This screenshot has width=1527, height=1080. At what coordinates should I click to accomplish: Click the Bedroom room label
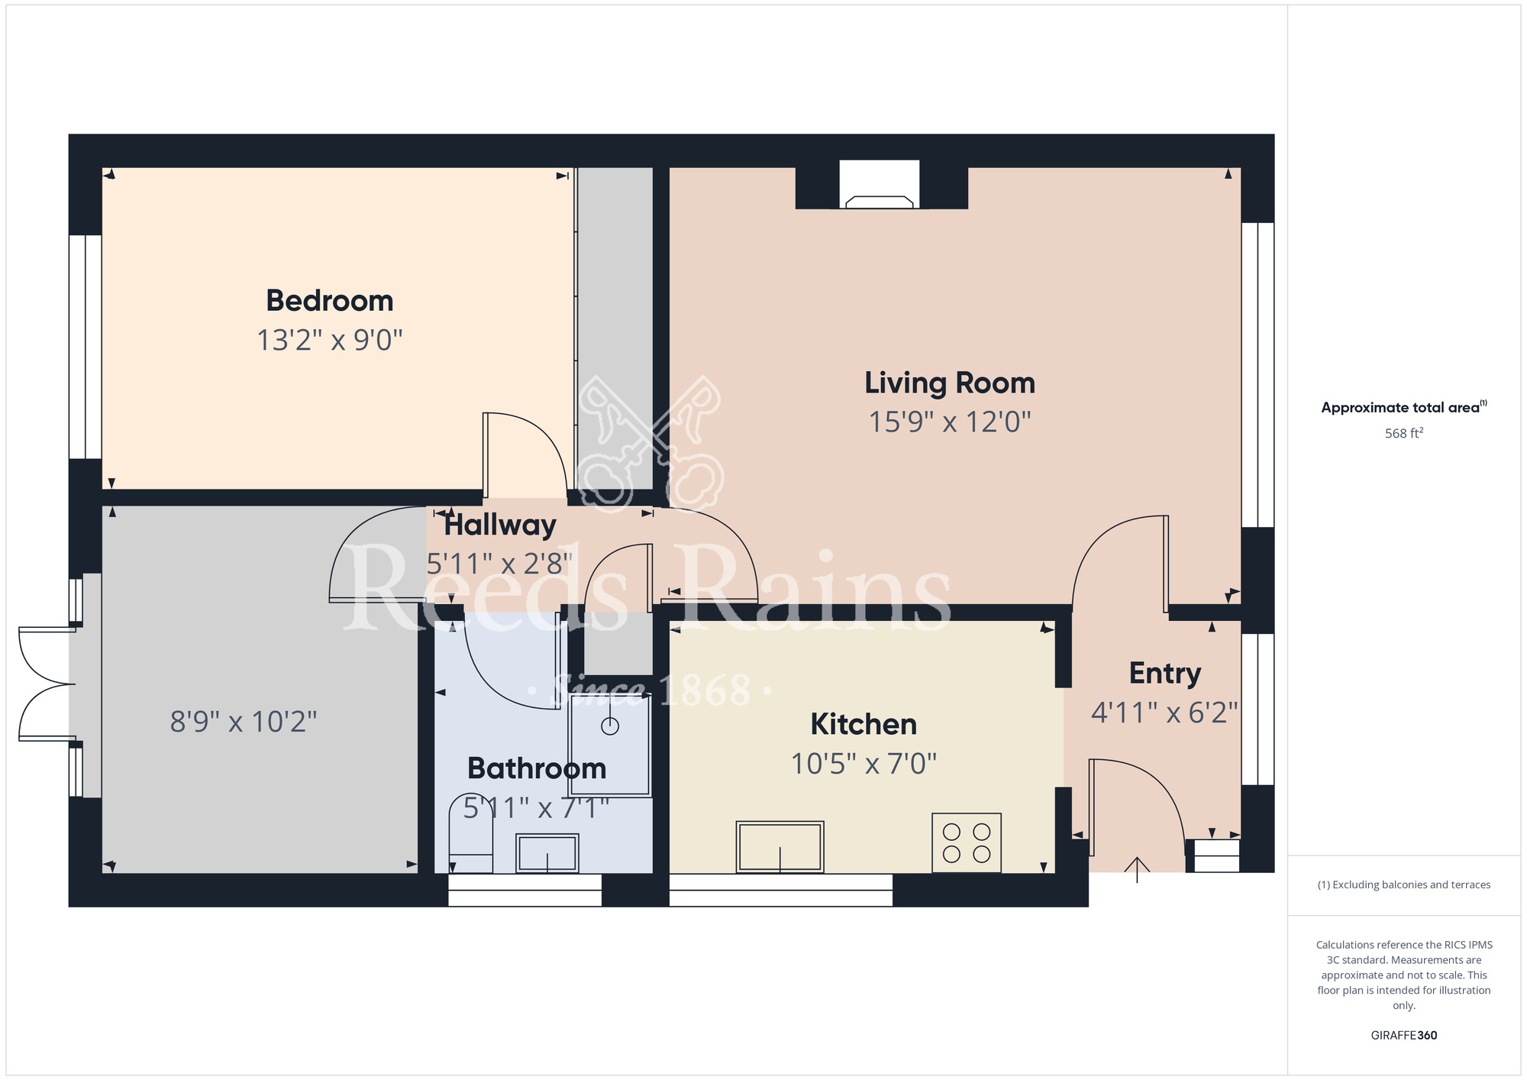[x=330, y=301]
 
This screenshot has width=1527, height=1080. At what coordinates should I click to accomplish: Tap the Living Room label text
[x=950, y=383]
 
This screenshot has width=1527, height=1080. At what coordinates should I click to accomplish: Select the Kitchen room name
[x=864, y=724]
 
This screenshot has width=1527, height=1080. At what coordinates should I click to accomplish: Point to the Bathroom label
[x=537, y=768]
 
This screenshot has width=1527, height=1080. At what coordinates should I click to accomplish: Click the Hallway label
[x=500, y=525]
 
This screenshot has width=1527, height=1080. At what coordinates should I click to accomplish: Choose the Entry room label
[x=1165, y=674]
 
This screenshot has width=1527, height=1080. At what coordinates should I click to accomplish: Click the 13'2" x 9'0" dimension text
[x=330, y=340]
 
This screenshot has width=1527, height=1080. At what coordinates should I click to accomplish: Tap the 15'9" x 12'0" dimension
[x=950, y=422]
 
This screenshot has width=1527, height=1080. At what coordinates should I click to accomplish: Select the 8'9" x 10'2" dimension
[x=244, y=721]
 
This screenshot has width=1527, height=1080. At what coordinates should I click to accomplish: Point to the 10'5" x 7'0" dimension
[x=864, y=763]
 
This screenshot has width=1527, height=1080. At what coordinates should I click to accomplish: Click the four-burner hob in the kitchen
[x=967, y=842]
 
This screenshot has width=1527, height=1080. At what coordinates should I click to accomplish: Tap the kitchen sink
[x=780, y=847]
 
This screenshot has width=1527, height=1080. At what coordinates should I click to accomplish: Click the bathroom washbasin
[x=547, y=853]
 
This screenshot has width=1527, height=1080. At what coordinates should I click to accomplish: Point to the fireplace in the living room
[x=880, y=185]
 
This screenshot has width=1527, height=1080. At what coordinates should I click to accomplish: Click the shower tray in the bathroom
[x=610, y=745]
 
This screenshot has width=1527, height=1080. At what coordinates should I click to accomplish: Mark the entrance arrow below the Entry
[x=1137, y=870]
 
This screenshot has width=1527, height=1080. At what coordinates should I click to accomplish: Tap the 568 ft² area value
[x=1404, y=433]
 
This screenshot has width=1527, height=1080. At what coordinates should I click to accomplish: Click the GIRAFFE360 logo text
[x=1404, y=1036]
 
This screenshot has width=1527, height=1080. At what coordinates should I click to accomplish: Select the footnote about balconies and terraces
[x=1404, y=884]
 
